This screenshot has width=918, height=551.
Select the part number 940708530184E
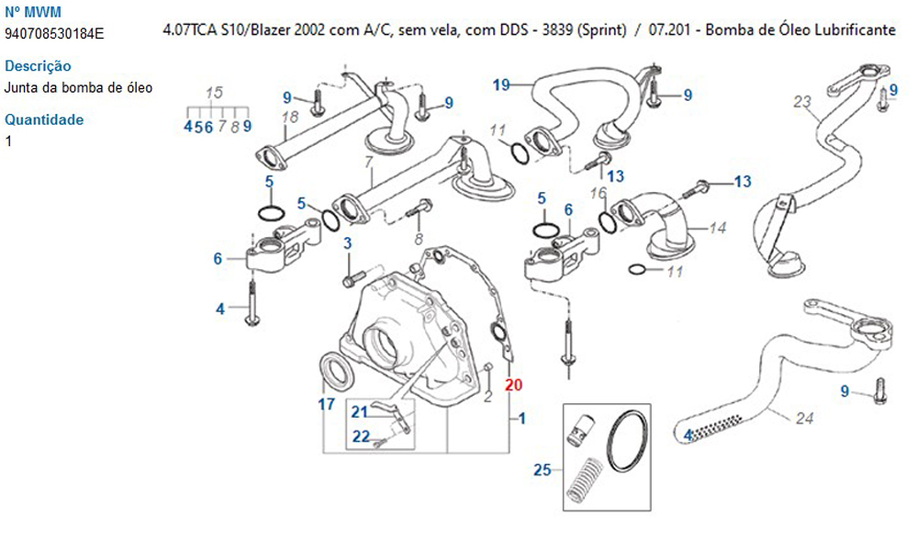pyautogui.click(x=54, y=33)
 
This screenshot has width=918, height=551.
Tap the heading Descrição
pyautogui.click(x=38, y=66)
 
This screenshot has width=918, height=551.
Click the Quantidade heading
pyautogui.click(x=44, y=119)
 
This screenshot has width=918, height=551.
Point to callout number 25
pyautogui.click(x=543, y=470)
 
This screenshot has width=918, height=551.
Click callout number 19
pyautogui.click(x=500, y=84)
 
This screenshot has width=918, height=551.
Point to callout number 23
pyautogui.click(x=802, y=102)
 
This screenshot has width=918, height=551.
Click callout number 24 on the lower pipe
pyautogui.click(x=804, y=419)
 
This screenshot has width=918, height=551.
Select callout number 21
pyautogui.click(x=358, y=411)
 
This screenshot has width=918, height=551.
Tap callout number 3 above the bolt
pyautogui.click(x=348, y=242)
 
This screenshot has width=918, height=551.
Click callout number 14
pyautogui.click(x=718, y=227)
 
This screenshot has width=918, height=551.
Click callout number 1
pyautogui.click(x=521, y=419)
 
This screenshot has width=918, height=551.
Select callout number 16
pyautogui.click(x=599, y=194)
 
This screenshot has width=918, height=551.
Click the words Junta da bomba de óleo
pyautogui.click(x=78, y=87)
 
